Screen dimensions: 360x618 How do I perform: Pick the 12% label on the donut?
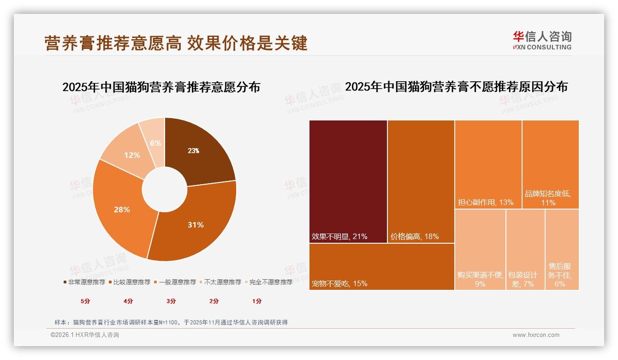coord(132,155)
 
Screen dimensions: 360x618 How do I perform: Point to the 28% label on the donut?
coord(122,210)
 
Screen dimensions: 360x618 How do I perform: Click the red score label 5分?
coord(85,301)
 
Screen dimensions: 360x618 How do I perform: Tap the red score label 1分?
coord(257,301)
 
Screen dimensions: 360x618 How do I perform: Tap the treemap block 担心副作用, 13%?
coord(488,164)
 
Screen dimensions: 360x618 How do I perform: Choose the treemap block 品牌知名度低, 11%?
coord(551,164)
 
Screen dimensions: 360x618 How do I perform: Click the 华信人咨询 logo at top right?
coord(542,40)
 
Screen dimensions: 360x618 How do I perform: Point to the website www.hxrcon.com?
coord(536,335)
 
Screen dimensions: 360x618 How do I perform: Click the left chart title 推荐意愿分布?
coord(161,87)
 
